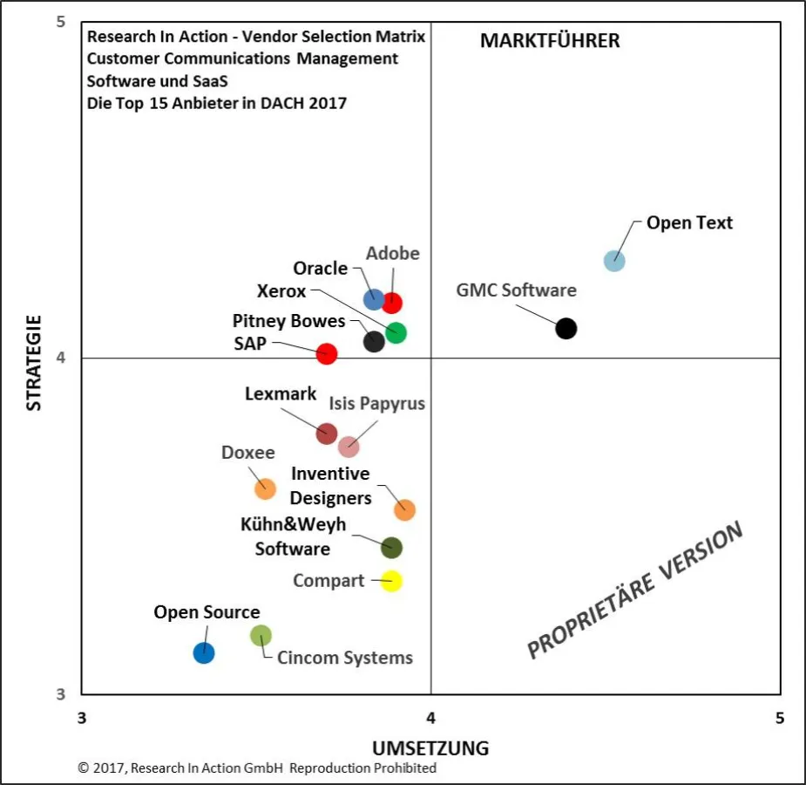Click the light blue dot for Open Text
(614, 260)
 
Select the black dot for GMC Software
(566, 328)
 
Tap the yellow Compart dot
(391, 581)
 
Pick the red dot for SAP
(327, 353)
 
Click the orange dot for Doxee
(265, 488)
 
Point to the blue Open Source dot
(204, 652)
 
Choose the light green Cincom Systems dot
(261, 636)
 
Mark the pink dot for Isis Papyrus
(349, 447)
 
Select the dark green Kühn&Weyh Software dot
(391, 548)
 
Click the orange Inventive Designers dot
(404, 510)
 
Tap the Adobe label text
(392, 254)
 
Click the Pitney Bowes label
(288, 321)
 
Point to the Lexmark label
(281, 394)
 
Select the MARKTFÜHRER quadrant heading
(550, 41)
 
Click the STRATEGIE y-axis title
(33, 362)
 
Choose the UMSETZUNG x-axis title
(430, 748)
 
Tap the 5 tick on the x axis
(780, 718)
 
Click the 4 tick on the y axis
(62, 358)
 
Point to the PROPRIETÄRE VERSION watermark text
(635, 590)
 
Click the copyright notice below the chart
(257, 768)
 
